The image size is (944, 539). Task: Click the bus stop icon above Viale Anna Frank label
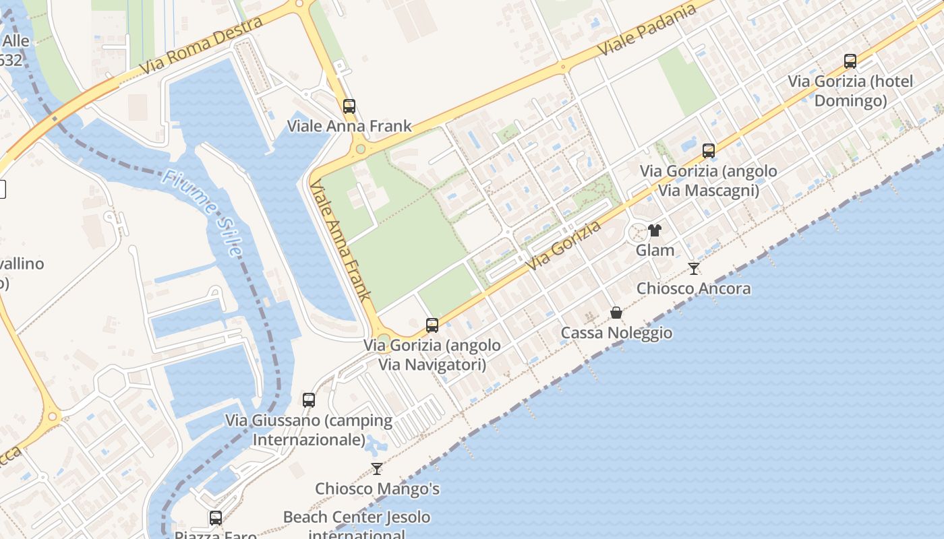[x=349, y=106]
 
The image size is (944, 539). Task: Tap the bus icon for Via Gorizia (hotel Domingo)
[x=850, y=61]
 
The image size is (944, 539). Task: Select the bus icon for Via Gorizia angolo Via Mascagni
[x=708, y=151]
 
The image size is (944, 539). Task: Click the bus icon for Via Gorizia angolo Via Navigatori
[x=432, y=325]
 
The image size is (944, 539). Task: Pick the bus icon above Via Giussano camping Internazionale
[x=309, y=400]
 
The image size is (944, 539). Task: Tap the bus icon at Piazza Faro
[x=216, y=517]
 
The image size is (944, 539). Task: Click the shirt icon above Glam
[x=654, y=230]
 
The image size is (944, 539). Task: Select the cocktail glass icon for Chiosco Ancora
[x=693, y=269]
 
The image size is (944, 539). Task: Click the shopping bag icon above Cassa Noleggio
[x=616, y=313]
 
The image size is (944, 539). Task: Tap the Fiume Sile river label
[x=202, y=213]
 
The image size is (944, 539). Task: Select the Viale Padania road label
[x=647, y=30]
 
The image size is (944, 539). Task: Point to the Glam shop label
[x=655, y=250]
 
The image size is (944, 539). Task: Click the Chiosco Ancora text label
[x=694, y=288]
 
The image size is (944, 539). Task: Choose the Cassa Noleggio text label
[x=616, y=333]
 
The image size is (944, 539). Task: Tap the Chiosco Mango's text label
[x=377, y=488]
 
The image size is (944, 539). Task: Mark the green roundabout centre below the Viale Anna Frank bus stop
[x=360, y=149]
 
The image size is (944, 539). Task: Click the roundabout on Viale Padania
[x=562, y=66]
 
